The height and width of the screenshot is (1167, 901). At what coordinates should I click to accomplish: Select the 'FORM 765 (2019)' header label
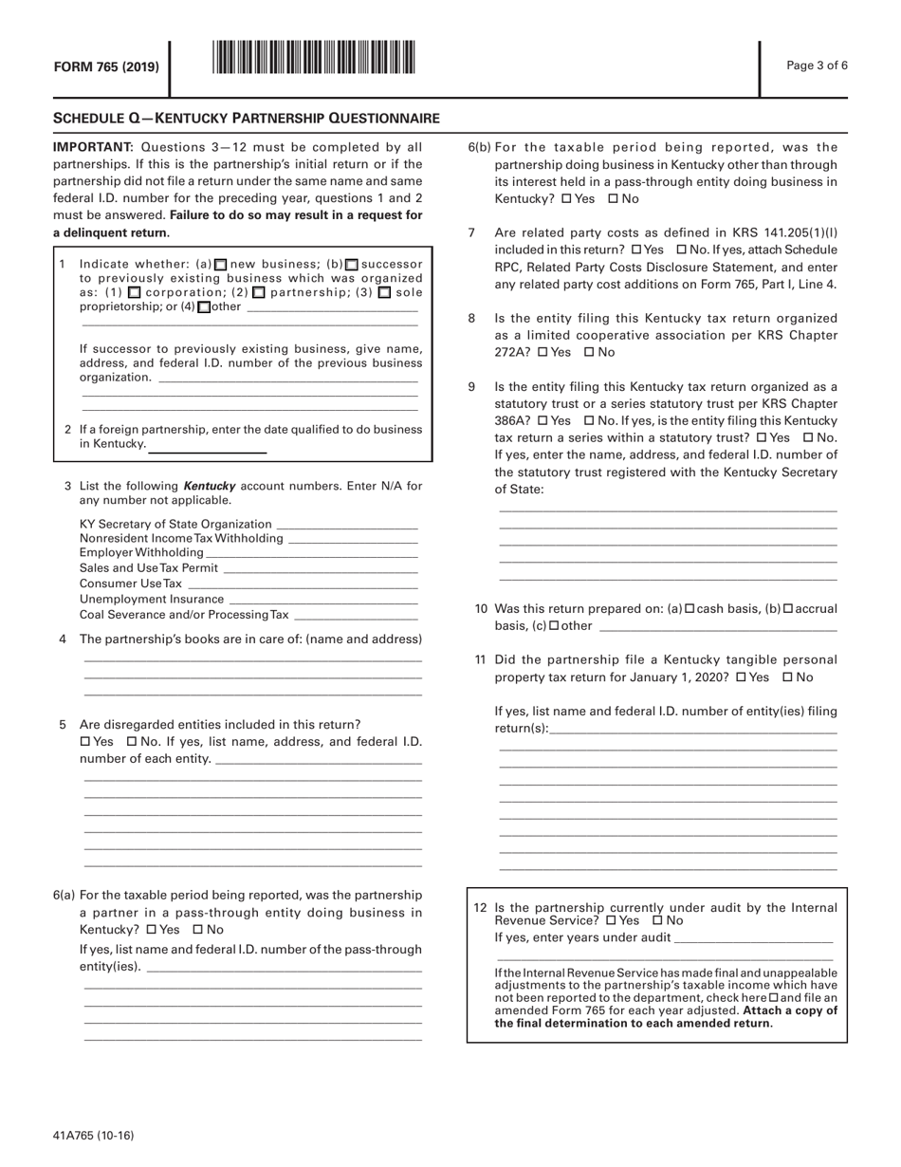point(105,66)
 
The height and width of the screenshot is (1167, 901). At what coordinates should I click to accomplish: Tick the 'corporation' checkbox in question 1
point(134,293)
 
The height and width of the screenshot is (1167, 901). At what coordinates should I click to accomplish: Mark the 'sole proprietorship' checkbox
point(384,293)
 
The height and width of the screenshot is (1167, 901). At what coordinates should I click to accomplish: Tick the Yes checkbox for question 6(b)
point(566,199)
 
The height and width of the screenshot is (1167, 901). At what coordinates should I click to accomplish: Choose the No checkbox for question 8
point(589,352)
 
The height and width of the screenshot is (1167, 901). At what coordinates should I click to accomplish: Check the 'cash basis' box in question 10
point(690,608)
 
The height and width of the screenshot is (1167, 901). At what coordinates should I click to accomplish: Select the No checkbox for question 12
point(657,920)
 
